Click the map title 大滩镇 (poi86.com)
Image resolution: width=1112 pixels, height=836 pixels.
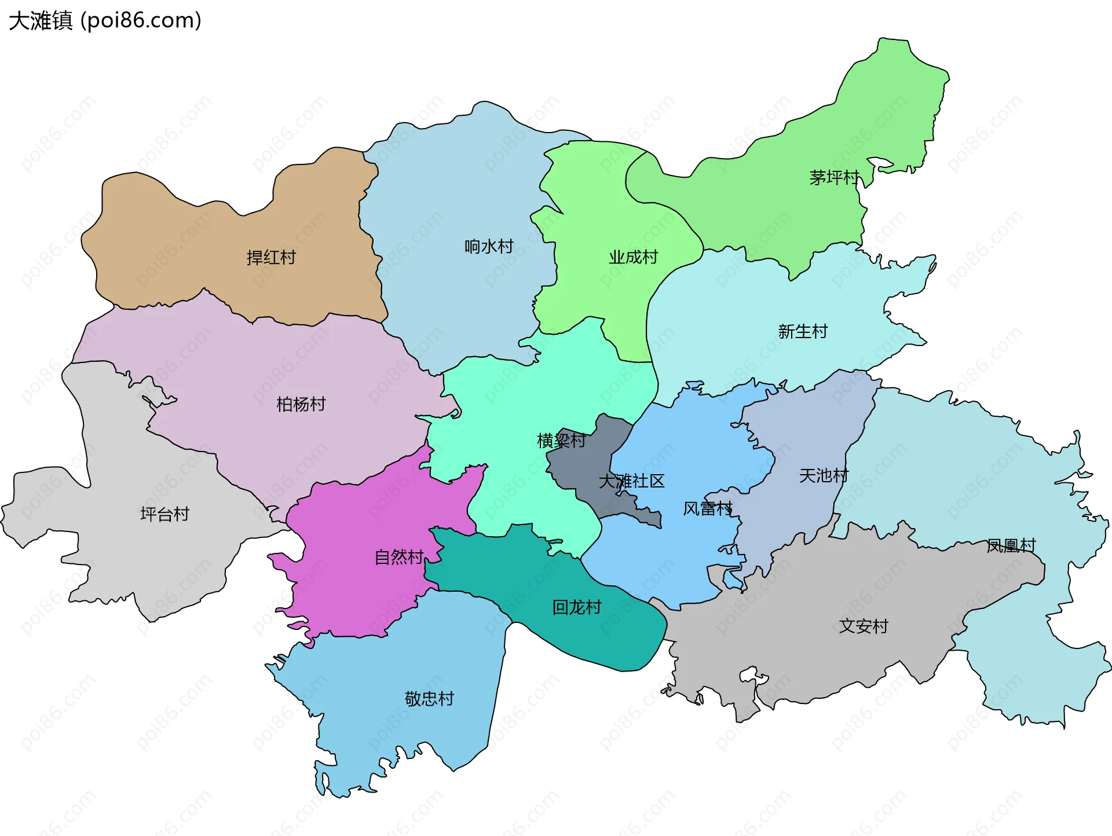105,21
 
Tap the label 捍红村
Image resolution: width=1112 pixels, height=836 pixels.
271,257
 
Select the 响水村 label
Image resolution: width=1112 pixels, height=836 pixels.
489,247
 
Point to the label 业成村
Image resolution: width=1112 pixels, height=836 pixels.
633,257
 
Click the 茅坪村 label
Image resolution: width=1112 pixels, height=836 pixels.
834,178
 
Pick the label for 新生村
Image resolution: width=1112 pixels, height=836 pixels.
803,332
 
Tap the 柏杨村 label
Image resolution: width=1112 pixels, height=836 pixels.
301,404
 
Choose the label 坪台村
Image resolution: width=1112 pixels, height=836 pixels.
164,514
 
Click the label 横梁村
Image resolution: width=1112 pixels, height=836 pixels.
561,441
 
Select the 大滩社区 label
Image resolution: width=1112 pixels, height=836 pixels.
631,481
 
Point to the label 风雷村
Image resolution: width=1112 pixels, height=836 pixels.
708,509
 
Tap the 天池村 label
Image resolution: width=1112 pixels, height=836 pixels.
824,476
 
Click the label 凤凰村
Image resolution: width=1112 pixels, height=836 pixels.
1011,545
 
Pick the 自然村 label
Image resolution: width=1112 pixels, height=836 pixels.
399,557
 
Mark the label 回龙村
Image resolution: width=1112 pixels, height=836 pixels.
577,607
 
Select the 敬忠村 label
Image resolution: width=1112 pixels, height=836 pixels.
429,699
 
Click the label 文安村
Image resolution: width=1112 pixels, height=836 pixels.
864,626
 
